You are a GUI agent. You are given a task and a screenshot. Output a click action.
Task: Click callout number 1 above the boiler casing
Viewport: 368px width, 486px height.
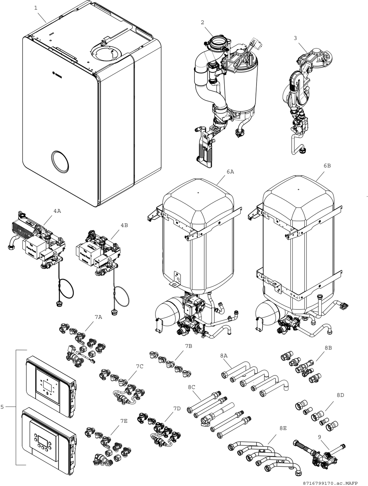click(x=36, y=8)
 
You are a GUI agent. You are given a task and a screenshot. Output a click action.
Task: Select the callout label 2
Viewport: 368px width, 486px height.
click(x=202, y=22)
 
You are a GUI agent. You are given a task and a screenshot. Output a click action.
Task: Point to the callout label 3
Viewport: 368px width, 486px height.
click(x=295, y=38)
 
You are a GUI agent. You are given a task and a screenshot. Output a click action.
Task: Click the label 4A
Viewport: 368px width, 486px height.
click(x=57, y=211)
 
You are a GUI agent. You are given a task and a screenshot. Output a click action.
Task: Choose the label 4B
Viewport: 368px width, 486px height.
click(x=124, y=225)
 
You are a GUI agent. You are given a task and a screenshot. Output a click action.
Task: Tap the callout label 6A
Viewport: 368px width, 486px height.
click(x=230, y=171)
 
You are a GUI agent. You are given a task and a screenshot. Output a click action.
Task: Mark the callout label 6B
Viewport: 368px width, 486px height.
click(x=327, y=165)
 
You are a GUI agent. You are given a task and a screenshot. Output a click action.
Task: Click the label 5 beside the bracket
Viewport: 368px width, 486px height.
click(x=2, y=407)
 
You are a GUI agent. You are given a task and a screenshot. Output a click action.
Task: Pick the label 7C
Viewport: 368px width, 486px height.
click(x=140, y=366)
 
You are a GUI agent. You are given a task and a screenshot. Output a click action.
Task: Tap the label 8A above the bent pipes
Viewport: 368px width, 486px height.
click(x=224, y=356)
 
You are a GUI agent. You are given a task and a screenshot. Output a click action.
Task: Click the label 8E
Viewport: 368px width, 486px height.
click(x=283, y=428)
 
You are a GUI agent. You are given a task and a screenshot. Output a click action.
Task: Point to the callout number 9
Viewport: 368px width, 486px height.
click(x=320, y=437)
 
